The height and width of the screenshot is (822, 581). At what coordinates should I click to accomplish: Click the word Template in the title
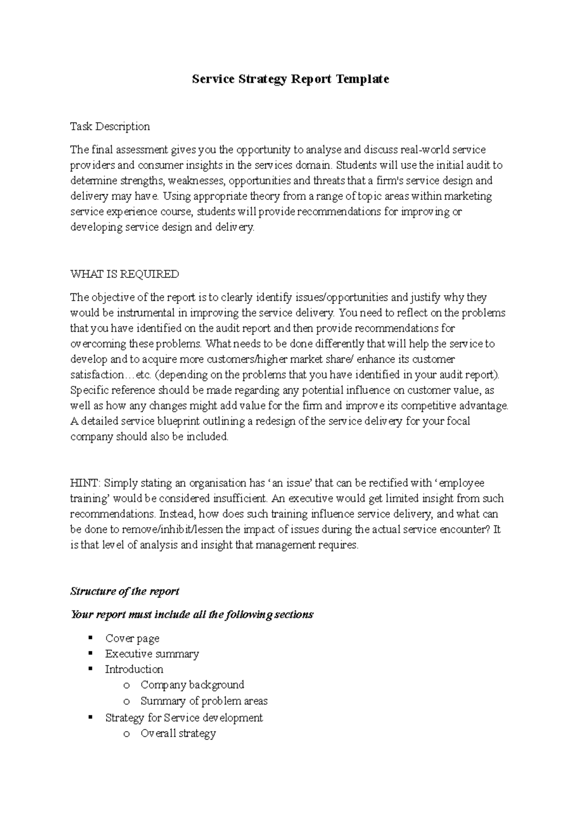363,79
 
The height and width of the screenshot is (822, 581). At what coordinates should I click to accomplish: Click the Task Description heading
110,127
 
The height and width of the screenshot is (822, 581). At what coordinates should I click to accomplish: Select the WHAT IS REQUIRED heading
124,274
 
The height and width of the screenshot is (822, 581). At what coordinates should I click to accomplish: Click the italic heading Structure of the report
125,592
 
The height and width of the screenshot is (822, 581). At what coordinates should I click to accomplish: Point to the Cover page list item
132,639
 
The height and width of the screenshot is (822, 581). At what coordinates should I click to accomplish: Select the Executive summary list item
152,654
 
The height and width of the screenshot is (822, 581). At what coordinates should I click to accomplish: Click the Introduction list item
134,670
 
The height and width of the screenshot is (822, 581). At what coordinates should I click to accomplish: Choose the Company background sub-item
192,685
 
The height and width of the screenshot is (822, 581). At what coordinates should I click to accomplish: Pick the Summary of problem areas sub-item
204,701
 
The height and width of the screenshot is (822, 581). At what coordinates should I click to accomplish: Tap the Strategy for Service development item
184,718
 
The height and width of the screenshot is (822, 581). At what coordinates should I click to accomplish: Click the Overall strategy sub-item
178,734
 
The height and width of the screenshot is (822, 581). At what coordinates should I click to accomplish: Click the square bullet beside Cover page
91,638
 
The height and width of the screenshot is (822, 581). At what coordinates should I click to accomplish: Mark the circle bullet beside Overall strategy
127,734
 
